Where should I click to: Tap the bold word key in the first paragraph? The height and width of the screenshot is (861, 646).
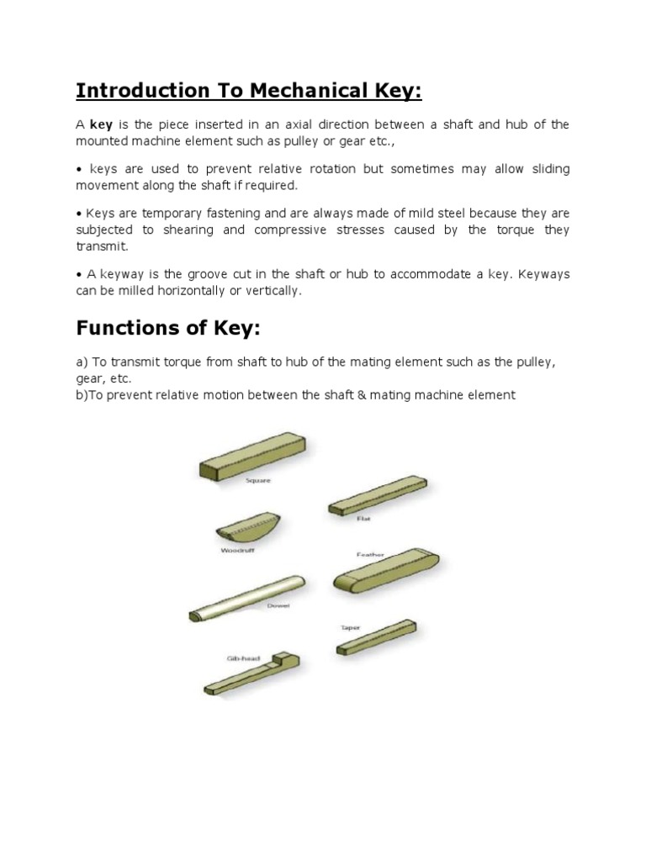(102, 125)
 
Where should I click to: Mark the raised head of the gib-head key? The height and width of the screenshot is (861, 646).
(287, 660)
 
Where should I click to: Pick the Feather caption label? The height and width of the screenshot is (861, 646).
(370, 555)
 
